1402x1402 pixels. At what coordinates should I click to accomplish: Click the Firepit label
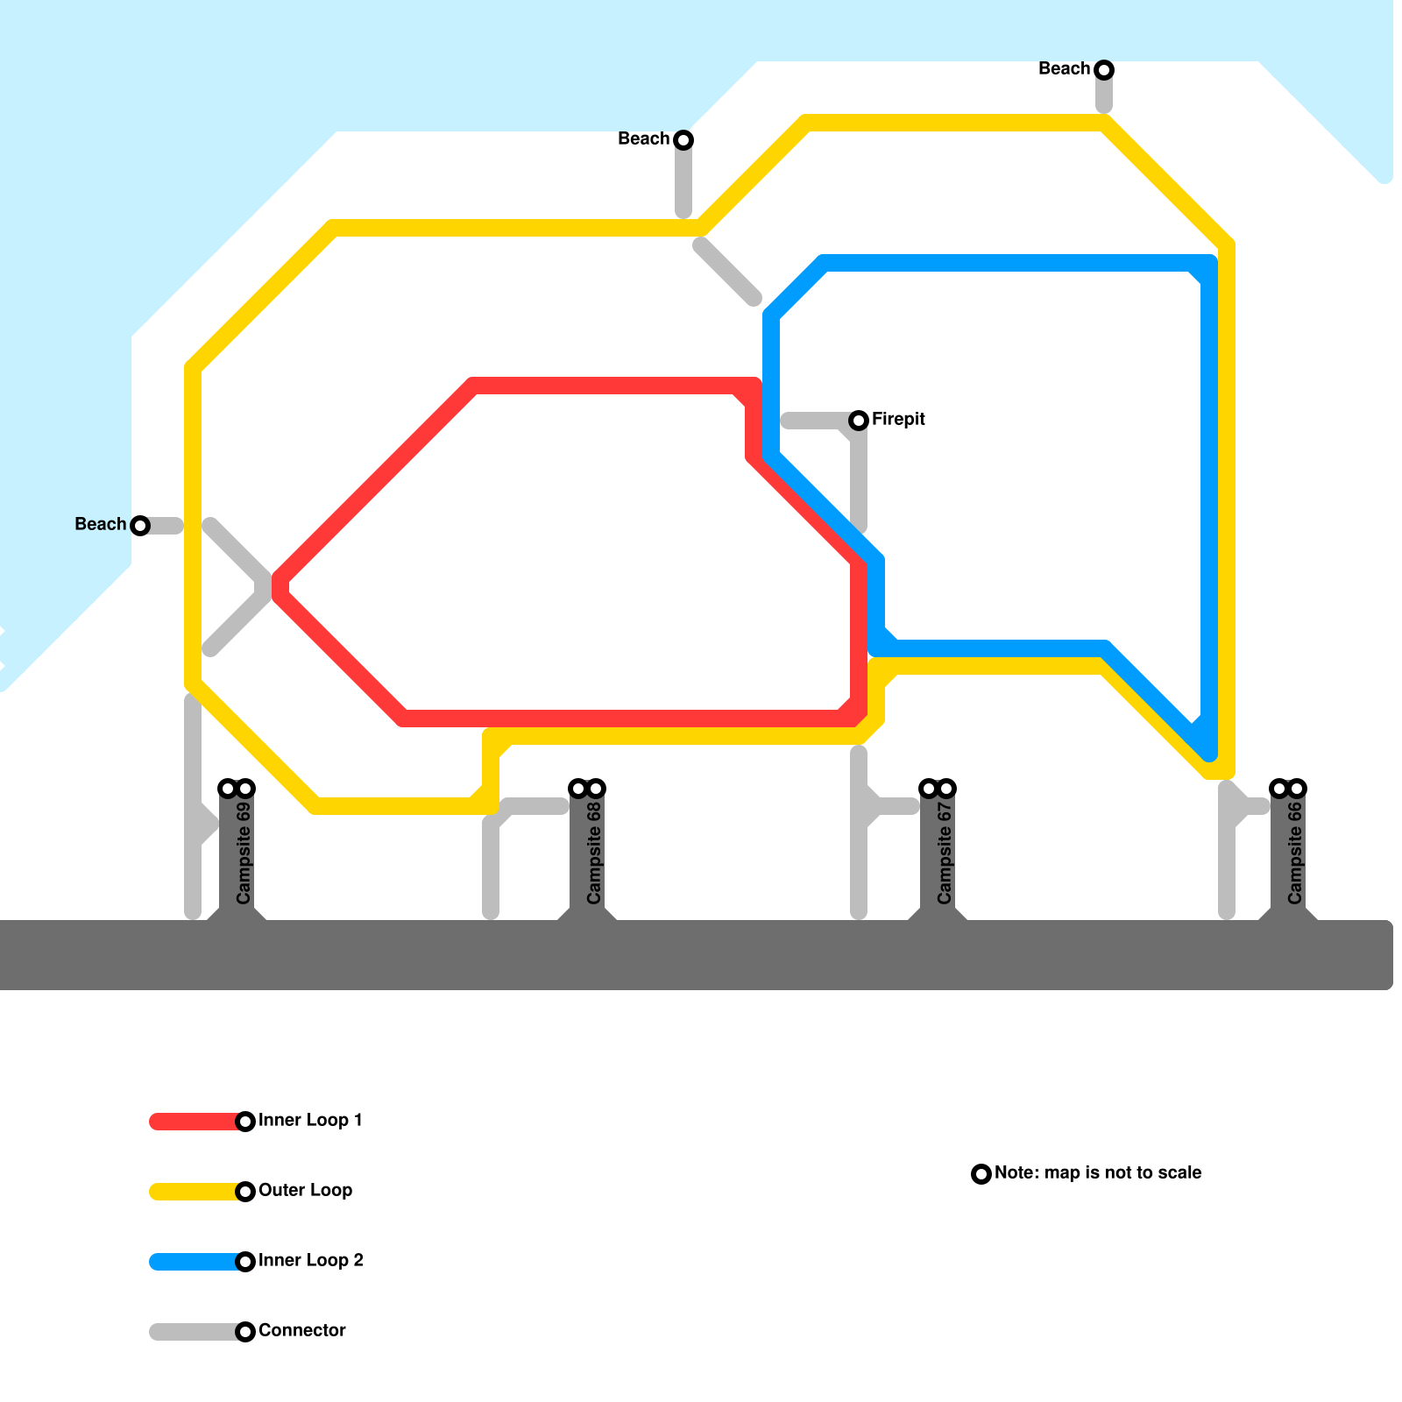point(898,420)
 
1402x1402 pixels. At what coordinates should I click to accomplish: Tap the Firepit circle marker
point(859,421)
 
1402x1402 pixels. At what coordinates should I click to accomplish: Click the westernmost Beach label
point(101,525)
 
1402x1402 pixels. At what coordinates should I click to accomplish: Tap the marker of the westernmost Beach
point(140,526)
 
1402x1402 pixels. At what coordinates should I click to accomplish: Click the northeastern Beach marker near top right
point(1104,70)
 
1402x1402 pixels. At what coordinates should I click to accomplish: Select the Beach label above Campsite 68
point(643,139)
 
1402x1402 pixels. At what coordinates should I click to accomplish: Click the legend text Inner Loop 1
point(310,1121)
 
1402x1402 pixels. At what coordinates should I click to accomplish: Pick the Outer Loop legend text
point(305,1191)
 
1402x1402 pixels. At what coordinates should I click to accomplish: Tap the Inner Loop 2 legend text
point(310,1261)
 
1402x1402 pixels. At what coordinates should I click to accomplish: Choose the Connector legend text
point(301,1331)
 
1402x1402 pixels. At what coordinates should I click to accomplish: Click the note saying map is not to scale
point(1097,1173)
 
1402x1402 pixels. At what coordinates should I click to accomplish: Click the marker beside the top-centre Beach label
point(683,140)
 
